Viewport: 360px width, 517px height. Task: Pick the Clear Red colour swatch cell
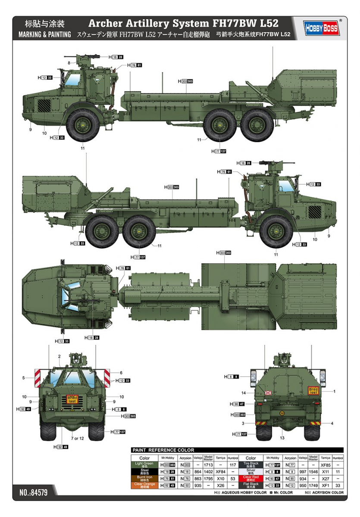(250, 478)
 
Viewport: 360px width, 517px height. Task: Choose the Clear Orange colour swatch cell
(144, 485)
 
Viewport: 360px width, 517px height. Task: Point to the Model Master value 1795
(208, 478)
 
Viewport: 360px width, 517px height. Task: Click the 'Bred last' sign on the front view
(72, 399)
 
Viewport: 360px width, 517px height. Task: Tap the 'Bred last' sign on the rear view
(313, 391)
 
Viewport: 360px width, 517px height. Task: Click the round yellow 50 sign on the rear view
(282, 413)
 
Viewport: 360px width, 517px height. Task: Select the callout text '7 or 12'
(78, 439)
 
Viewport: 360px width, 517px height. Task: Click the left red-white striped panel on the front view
(37, 377)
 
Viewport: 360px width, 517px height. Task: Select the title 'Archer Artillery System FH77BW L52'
(183, 24)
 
